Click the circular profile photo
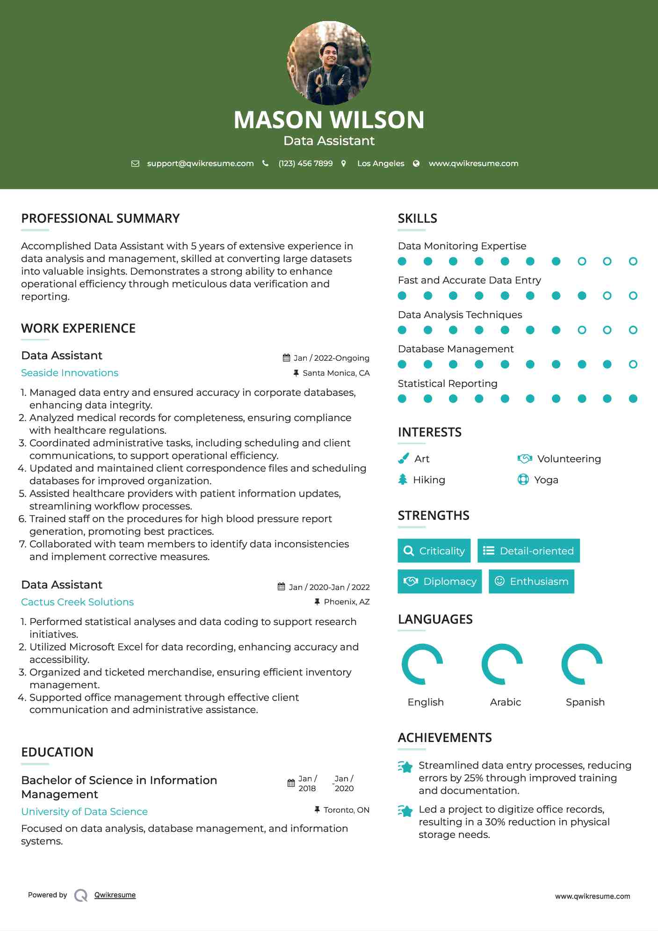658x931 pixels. pos(329,63)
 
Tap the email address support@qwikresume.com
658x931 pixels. pos(200,163)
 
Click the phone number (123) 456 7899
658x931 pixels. pos(305,163)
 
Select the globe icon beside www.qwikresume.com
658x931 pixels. pos(416,163)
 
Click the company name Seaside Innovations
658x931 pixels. pos(70,373)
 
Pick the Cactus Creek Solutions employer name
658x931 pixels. pos(78,602)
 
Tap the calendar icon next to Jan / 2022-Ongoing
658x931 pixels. pos(287,358)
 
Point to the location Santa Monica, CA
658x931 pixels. pos(336,373)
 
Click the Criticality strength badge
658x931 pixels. pos(434,551)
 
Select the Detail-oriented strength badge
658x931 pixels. pos(528,551)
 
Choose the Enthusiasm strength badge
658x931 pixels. pos(531,581)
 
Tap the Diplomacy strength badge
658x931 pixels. pos(440,581)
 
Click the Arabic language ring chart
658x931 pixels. pos(502,664)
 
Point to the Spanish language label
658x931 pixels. pos(585,702)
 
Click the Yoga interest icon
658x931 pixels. pos(523,480)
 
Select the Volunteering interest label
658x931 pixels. pos(569,459)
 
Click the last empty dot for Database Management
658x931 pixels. pos(633,364)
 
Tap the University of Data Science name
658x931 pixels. pos(85,812)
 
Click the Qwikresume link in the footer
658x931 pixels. pos(115,895)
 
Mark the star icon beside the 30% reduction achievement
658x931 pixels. pos(405,811)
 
